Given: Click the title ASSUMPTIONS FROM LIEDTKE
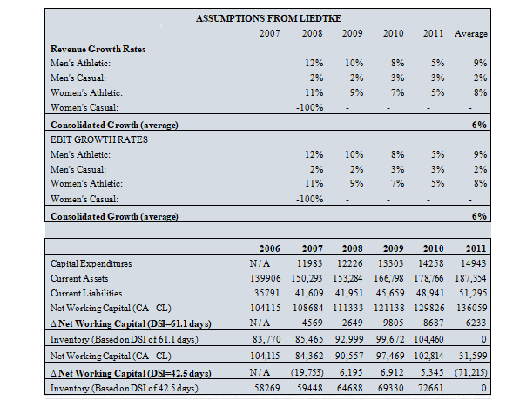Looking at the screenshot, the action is (268, 18).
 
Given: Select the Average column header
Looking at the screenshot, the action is (471, 34).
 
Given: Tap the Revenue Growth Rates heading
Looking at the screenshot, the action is (98, 49).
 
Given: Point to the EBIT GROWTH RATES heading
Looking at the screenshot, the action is (98, 139).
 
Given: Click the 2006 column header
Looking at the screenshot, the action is (269, 248).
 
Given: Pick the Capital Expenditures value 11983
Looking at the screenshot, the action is (309, 263).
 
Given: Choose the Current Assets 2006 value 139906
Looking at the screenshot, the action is (266, 278).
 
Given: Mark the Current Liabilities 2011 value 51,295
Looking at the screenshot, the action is (473, 293).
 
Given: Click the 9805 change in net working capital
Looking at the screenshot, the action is (393, 323).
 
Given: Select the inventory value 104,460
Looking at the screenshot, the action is (428, 339).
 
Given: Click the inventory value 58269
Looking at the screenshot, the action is (266, 388).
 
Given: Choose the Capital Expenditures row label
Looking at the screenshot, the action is (91, 263).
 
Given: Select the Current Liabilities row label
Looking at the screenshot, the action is (86, 293).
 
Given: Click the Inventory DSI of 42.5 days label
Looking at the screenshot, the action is (125, 388).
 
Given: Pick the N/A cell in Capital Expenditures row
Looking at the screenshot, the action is (260, 263).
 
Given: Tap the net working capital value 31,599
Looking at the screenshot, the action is (473, 356).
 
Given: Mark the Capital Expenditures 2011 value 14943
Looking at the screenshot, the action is (473, 263).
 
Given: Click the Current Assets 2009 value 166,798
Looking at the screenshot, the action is (388, 278).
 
